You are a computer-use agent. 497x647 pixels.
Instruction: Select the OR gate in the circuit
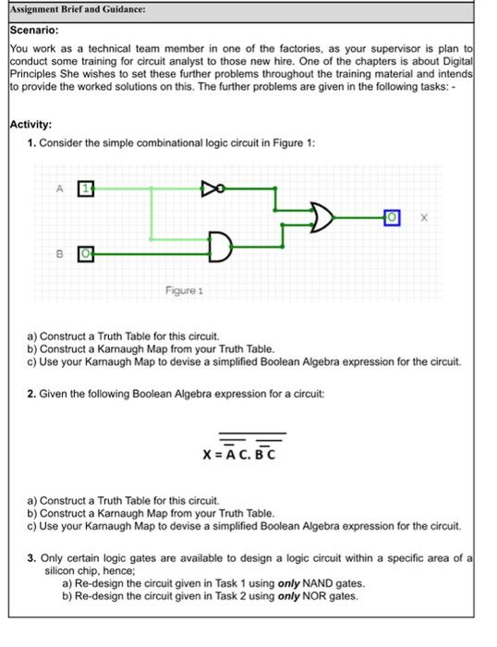(x=321, y=218)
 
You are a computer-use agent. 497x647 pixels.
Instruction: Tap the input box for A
(x=85, y=189)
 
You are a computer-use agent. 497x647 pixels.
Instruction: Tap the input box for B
(x=85, y=250)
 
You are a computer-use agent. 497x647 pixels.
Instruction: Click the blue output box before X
(x=393, y=217)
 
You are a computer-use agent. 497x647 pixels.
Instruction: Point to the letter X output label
(x=423, y=218)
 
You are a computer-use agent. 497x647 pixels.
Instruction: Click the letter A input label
(x=58, y=189)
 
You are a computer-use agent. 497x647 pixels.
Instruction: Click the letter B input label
(x=58, y=250)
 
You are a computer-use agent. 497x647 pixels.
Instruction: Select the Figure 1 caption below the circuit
(x=185, y=290)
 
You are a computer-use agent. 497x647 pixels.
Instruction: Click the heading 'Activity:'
(x=30, y=125)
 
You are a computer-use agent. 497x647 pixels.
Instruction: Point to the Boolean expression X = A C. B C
(x=239, y=453)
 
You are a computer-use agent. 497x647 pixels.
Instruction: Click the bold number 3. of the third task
(x=31, y=558)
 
